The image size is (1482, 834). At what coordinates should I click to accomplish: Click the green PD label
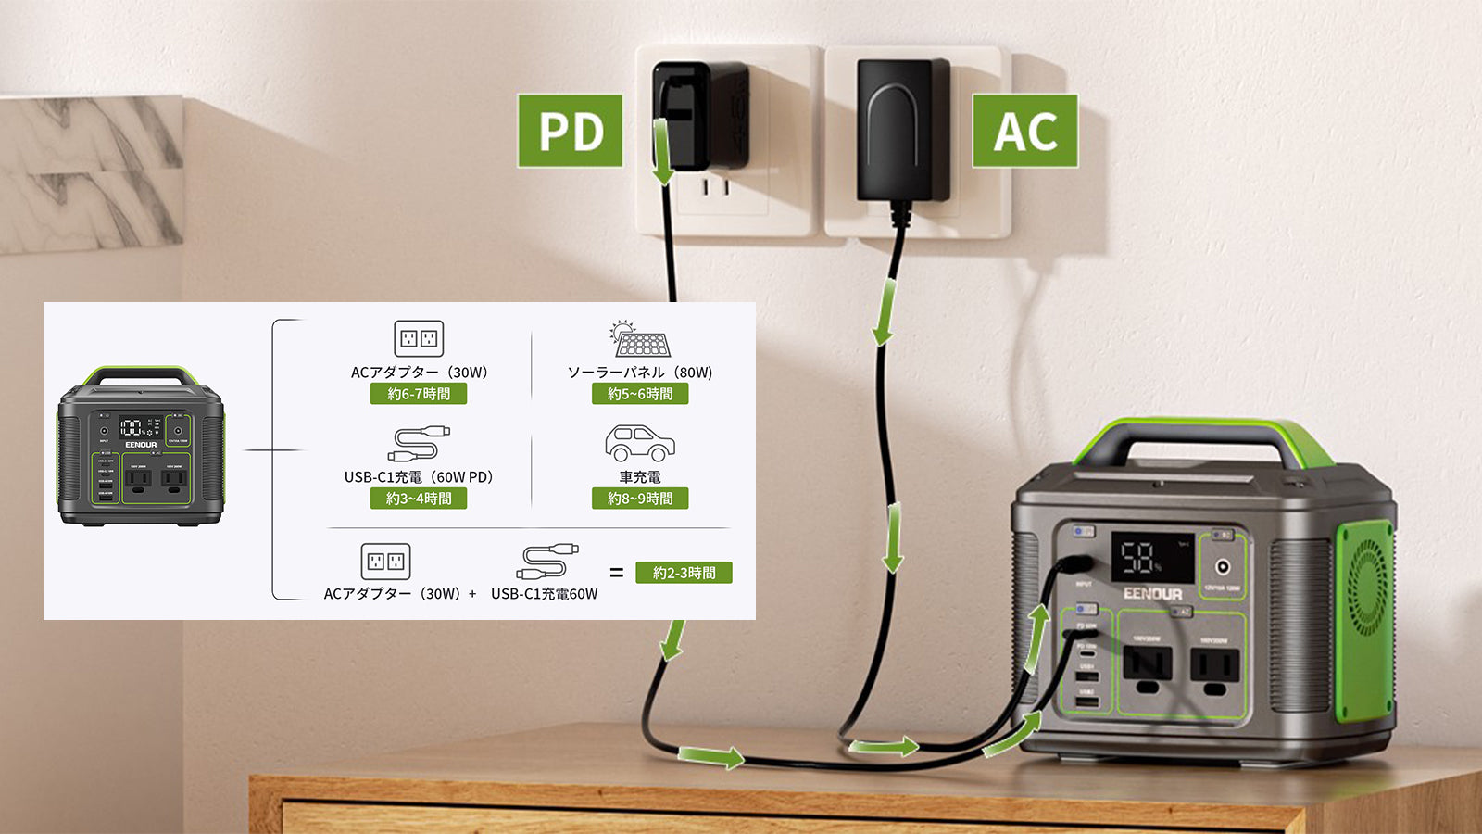click(x=570, y=131)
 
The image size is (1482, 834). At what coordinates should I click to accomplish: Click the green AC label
click(x=1024, y=131)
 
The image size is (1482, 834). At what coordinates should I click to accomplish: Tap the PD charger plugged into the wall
click(x=700, y=115)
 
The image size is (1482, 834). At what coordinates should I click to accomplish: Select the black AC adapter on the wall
click(x=903, y=130)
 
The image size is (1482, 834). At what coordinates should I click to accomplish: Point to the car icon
click(x=639, y=444)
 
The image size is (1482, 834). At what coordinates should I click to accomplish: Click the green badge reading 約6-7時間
click(x=419, y=394)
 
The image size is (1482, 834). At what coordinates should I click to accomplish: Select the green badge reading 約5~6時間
click(x=640, y=394)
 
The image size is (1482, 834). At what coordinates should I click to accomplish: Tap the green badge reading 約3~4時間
click(x=419, y=499)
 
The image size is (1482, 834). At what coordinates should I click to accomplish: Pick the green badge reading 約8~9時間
click(x=640, y=499)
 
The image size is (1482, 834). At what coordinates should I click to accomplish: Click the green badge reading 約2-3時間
click(x=684, y=573)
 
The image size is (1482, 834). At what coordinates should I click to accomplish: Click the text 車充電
click(x=640, y=477)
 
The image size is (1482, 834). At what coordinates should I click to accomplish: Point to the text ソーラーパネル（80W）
click(x=640, y=373)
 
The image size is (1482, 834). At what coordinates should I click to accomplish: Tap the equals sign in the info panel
click(x=617, y=573)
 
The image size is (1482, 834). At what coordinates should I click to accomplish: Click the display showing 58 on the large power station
click(x=1151, y=557)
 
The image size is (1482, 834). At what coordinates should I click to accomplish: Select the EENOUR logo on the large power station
click(x=1152, y=594)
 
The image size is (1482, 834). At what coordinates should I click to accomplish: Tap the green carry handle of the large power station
click(x=1204, y=436)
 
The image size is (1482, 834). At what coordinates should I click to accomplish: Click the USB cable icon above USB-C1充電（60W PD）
click(x=419, y=444)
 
